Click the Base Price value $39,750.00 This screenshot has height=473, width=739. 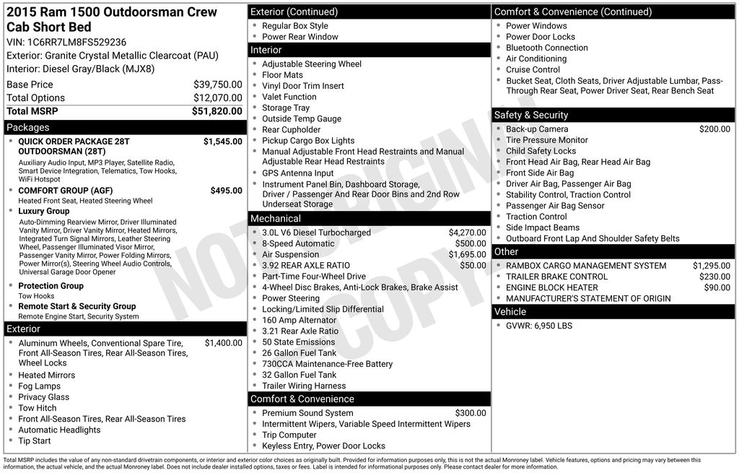217,84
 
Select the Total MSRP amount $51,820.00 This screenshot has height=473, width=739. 217,111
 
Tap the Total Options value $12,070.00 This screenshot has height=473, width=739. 217,98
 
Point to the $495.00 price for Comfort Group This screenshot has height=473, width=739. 226,191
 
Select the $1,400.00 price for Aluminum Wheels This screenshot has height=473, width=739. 223,343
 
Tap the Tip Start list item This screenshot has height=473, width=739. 35,441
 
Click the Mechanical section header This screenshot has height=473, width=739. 276,218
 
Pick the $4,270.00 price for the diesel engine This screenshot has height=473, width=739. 467,233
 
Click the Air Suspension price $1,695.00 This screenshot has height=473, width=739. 467,255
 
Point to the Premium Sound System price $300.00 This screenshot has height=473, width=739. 470,413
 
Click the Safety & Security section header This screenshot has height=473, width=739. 530,115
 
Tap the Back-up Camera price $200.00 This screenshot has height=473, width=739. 714,129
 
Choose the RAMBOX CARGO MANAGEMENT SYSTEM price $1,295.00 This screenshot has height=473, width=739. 711,266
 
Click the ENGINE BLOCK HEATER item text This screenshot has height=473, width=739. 542,287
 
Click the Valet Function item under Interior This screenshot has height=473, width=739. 289,97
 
